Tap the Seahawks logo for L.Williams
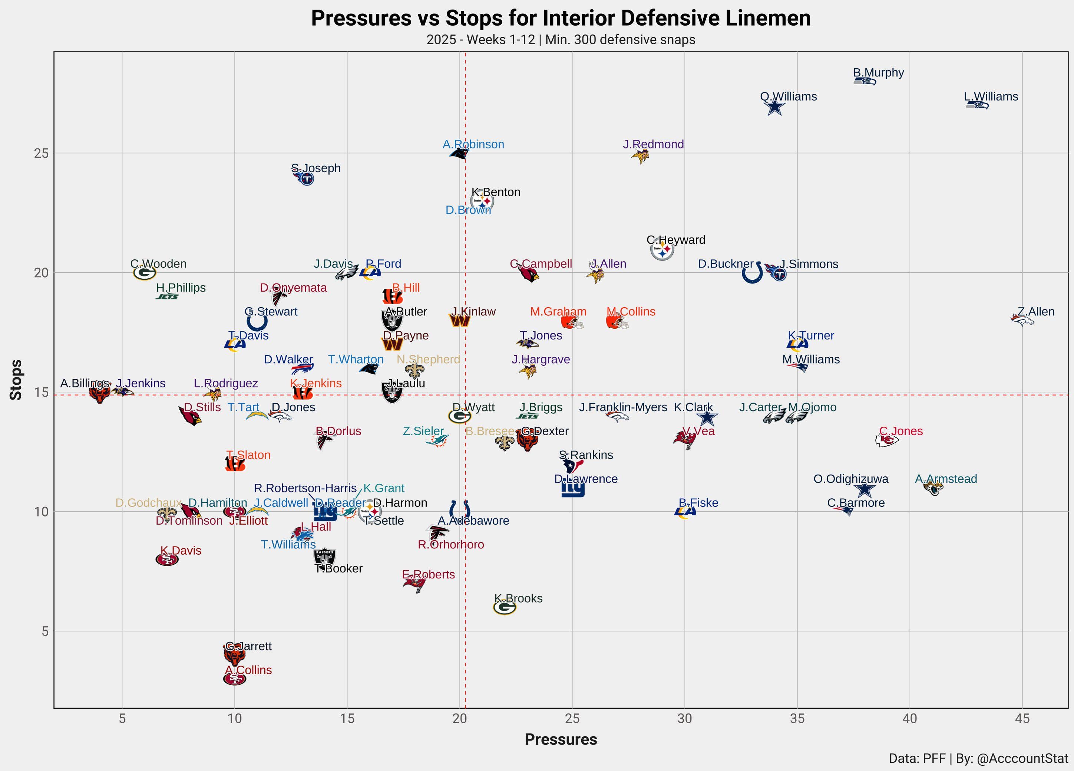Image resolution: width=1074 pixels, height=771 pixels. (977, 105)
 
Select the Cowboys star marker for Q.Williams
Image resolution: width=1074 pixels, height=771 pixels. (775, 108)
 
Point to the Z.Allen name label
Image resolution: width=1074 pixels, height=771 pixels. (1036, 312)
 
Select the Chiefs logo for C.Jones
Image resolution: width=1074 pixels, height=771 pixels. (886, 440)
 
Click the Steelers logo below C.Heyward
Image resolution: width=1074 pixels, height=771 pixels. (662, 249)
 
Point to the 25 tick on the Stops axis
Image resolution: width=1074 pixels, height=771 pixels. (41, 154)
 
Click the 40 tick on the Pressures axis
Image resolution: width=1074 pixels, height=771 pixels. (910, 719)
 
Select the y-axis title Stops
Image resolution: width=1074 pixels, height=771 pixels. (16, 380)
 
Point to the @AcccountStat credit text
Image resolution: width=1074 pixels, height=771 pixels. (1022, 759)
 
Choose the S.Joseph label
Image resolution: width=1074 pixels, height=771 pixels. (316, 168)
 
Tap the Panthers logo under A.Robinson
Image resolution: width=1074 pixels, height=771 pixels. (459, 154)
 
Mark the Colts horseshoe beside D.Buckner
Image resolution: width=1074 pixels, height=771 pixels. (753, 273)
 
